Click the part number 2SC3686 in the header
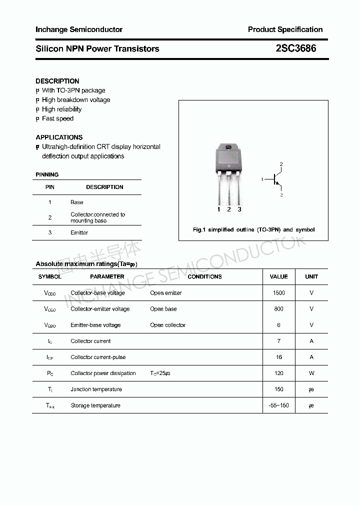pos(296,48)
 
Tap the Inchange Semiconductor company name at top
pos(79,29)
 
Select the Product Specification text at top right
pos(285,29)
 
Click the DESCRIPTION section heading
pos(57,81)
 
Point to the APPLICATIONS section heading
pos(59,137)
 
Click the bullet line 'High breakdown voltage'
pos(76,100)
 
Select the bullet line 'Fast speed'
pos(57,118)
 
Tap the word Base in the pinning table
pos(77,202)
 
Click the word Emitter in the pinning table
pos(79,232)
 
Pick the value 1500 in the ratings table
pos(279,293)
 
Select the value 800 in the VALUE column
pos(279,309)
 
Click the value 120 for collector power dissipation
pos(279,373)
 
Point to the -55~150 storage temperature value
pos(279,405)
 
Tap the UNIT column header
pos(311,276)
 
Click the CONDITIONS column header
pos(204,276)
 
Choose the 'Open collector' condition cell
pos(167,325)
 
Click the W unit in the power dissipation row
pos(311,373)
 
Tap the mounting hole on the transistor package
pos(228,147)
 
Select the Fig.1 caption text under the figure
pos(254,229)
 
